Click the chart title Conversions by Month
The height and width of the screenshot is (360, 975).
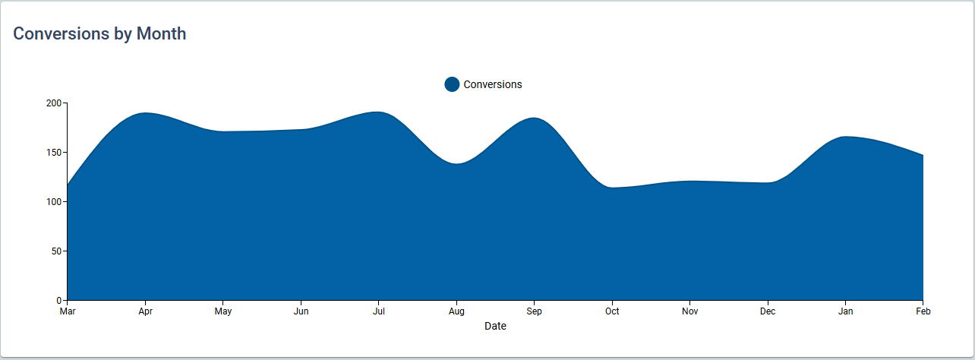tap(99, 33)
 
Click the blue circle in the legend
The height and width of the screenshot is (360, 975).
tap(452, 84)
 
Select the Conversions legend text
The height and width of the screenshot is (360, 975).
tap(493, 84)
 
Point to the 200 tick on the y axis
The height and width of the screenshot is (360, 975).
tap(54, 103)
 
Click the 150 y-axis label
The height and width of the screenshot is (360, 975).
tap(54, 153)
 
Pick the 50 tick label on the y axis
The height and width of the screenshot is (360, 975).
tap(56, 251)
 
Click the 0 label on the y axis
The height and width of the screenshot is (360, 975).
tap(58, 301)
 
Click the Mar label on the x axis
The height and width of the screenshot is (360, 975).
tap(68, 311)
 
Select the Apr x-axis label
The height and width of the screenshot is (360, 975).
tap(145, 311)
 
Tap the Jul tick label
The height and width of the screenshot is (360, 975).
tap(379, 311)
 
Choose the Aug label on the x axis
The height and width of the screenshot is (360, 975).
tap(456, 311)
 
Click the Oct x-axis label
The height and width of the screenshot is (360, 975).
tap(612, 311)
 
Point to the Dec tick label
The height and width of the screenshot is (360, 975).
tap(768, 311)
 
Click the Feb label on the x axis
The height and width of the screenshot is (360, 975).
tap(923, 311)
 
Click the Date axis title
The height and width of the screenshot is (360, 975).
tap(495, 326)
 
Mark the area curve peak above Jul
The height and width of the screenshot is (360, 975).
tap(377, 112)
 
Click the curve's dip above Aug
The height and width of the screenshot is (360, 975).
tap(456, 164)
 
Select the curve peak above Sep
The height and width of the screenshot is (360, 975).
tap(534, 118)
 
